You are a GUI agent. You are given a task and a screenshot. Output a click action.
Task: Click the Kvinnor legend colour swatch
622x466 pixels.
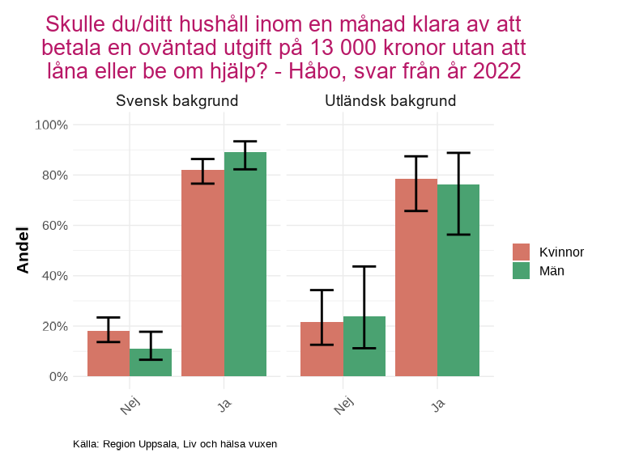coord(521,252)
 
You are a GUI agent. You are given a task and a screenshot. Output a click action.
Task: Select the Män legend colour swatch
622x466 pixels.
coord(521,271)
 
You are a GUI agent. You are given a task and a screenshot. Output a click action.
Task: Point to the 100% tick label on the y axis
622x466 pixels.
coord(51,125)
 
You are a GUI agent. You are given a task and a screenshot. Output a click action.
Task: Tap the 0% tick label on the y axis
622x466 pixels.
coord(58,376)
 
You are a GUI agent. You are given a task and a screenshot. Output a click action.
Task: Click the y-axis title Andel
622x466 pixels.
coord(23,250)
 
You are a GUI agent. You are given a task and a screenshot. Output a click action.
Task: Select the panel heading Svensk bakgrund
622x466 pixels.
coord(177,101)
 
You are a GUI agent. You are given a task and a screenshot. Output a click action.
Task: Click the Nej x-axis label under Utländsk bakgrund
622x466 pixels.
coord(344,402)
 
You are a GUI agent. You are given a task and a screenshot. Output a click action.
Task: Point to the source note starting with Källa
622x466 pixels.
coord(175,444)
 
